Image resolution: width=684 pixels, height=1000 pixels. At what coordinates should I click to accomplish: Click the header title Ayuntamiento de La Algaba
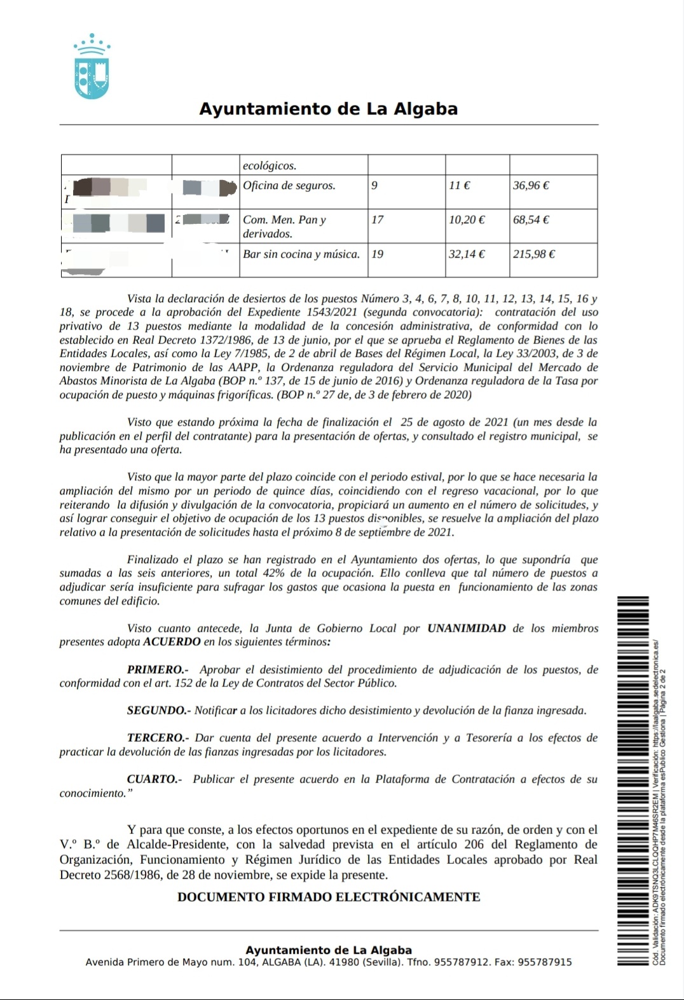click(x=329, y=109)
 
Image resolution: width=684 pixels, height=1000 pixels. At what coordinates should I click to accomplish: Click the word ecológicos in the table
click(x=270, y=165)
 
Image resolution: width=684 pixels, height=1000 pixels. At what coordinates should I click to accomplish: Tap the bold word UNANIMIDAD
click(x=467, y=628)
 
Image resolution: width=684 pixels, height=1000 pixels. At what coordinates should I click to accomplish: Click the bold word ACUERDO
click(x=172, y=642)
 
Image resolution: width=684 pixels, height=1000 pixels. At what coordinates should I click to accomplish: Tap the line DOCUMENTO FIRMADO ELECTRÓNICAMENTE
click(x=329, y=897)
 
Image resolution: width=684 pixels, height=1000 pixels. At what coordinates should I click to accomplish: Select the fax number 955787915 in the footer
click(x=545, y=962)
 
